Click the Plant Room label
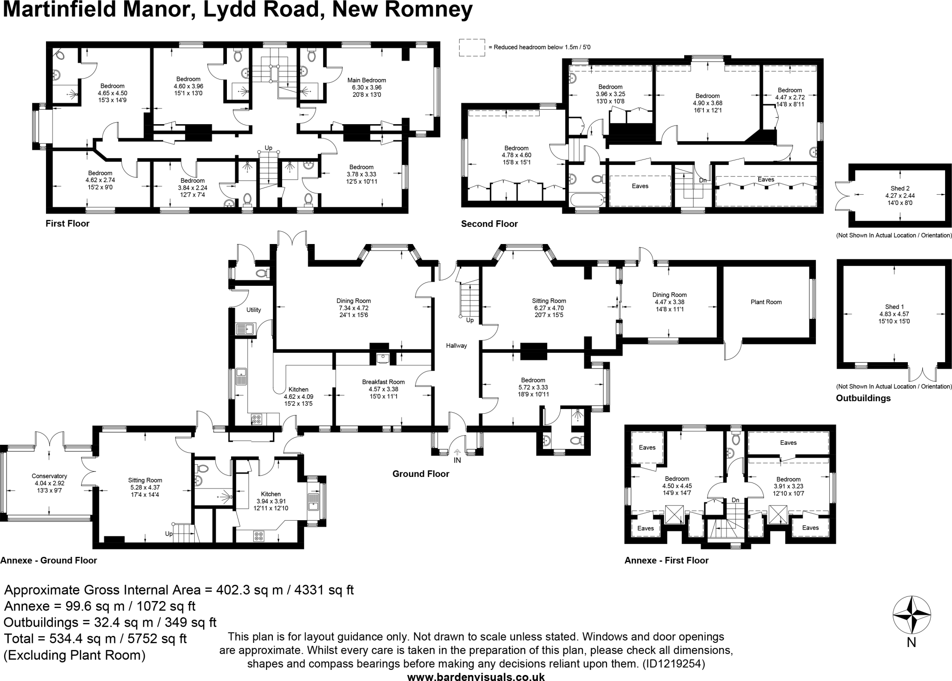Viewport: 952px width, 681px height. (766, 302)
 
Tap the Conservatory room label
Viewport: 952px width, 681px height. (49, 476)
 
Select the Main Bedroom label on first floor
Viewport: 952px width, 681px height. (367, 80)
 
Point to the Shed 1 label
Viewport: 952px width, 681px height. (894, 307)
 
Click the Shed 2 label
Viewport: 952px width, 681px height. (900, 189)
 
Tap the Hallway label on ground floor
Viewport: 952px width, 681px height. (456, 346)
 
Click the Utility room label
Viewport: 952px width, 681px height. (254, 310)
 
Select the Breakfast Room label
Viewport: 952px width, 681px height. (383, 382)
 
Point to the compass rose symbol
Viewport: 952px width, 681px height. (912, 615)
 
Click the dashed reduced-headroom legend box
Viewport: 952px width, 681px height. (472, 47)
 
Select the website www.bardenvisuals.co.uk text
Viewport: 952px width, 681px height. (476, 676)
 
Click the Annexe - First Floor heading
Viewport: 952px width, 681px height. (666, 561)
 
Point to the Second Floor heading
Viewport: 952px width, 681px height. (489, 224)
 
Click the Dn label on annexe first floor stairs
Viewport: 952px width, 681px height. (735, 500)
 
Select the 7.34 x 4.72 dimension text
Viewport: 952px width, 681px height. (353, 308)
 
